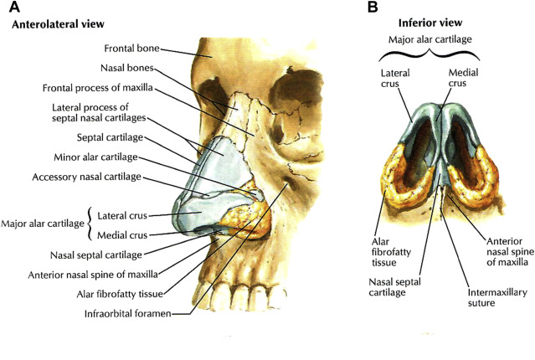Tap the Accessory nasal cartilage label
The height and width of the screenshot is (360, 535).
coord(97,177)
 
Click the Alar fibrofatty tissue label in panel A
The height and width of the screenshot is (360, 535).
coord(119,293)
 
